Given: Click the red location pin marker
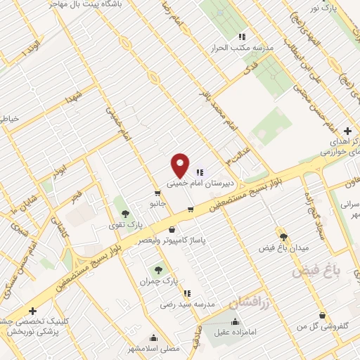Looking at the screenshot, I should click(x=181, y=165).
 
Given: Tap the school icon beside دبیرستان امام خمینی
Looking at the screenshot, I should click(x=200, y=172).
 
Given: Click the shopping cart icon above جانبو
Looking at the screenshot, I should click(x=157, y=193).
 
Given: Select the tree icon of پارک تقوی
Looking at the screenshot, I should click(x=125, y=214).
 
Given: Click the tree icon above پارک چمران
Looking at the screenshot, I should click(x=158, y=269).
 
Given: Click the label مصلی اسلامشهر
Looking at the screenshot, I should click(x=175, y=348).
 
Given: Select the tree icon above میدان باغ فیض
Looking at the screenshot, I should click(x=283, y=238).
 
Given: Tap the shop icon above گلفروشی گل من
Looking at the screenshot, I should click(x=322, y=315).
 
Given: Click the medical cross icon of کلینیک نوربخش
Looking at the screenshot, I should click(x=32, y=311).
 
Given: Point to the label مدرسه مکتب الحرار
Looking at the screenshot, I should click(x=241, y=47).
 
